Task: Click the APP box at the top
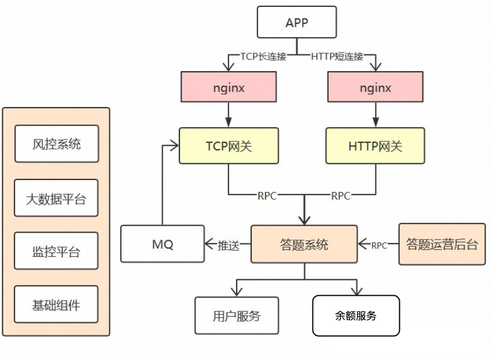(297, 23)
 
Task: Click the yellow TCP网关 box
(229, 146)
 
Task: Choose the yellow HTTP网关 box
(376, 146)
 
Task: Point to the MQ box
(163, 244)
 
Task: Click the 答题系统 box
(304, 244)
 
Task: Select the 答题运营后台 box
(442, 244)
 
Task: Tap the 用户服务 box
(237, 316)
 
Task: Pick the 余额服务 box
(356, 316)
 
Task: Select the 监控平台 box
(56, 252)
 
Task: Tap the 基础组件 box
(56, 305)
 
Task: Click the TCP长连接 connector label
(264, 57)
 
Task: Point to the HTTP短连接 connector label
(337, 57)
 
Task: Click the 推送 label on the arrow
(227, 245)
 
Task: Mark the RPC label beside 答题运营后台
(379, 245)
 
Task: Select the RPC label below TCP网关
(267, 196)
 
